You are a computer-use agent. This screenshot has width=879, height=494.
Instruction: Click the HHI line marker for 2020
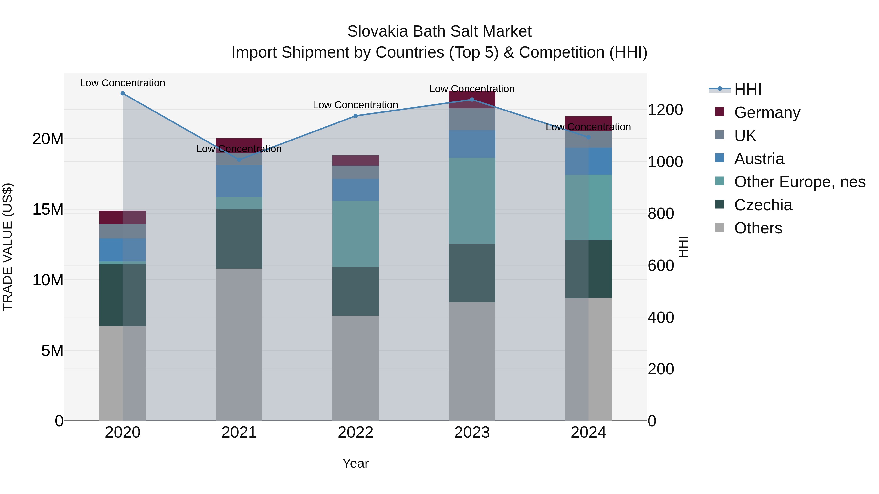123,93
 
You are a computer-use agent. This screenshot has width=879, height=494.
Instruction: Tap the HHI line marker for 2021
239,160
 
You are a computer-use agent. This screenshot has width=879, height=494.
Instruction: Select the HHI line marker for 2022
356,116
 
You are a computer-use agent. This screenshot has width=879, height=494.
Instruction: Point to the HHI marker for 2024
588,137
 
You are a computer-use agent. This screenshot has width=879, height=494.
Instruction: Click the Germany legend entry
767,112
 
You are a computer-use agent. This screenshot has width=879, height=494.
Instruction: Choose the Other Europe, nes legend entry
799,182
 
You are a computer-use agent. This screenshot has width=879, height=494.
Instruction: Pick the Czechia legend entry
763,205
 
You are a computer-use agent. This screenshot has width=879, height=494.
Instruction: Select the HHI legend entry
747,89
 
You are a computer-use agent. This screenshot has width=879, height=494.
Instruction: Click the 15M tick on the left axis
48,209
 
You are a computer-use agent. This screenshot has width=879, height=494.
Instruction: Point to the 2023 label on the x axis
472,433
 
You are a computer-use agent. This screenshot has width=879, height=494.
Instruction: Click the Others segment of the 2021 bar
239,344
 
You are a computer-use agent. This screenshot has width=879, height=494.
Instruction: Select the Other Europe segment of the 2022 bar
356,234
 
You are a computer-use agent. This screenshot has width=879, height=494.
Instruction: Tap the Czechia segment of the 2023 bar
472,273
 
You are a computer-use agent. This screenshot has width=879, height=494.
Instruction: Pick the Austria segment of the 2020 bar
123,250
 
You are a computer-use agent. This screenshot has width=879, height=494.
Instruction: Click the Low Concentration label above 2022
355,105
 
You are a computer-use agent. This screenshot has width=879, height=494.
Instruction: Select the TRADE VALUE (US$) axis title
8,247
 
